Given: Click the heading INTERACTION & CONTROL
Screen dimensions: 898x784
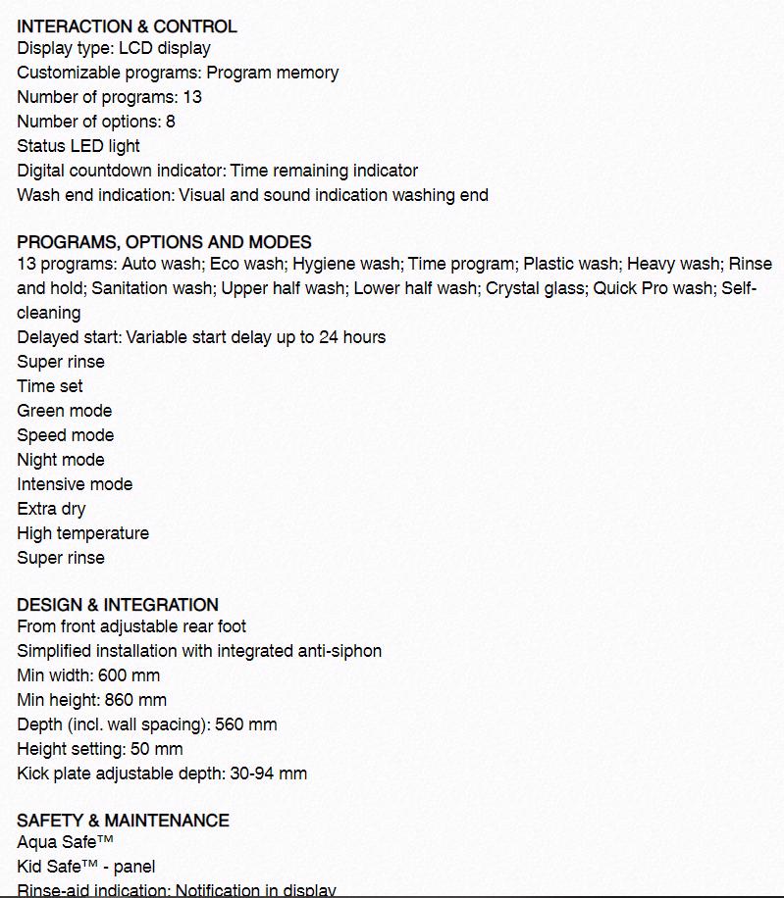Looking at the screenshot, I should coord(127,26).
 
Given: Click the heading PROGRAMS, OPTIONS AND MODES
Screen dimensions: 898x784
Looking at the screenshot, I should coord(164,242).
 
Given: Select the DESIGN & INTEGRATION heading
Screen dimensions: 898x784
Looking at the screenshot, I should coord(118,605).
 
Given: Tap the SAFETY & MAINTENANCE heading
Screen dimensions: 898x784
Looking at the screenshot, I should coord(123,821).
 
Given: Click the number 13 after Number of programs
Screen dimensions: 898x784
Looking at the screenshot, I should coord(192,97).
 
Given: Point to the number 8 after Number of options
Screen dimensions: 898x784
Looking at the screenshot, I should coord(171,122).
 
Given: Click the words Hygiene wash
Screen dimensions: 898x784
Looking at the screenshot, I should coord(346,264).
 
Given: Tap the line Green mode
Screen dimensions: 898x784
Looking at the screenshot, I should coord(64,411).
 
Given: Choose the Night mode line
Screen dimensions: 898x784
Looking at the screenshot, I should coord(60,460).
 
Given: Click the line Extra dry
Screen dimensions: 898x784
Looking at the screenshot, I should coord(51,509).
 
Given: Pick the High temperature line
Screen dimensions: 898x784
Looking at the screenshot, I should coord(82,533).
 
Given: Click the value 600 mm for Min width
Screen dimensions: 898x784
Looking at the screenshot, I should coord(129,675).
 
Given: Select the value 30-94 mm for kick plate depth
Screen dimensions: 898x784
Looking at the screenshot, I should coord(268,773).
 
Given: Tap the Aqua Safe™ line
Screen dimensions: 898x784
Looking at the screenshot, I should coord(65,842).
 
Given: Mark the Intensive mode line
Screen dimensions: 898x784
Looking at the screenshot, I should coord(75,484).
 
